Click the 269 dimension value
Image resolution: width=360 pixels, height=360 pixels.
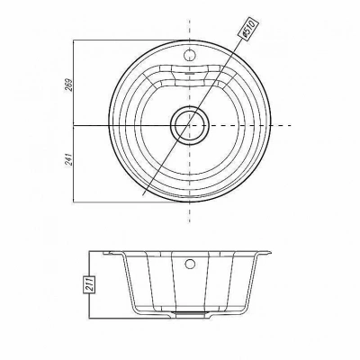(69, 85)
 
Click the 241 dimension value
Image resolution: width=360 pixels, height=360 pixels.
(69, 159)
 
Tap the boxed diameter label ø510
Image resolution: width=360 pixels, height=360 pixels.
(248, 29)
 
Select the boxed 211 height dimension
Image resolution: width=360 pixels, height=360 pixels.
(90, 284)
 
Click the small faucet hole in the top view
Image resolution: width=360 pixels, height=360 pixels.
(189, 55)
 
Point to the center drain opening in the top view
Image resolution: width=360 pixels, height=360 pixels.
(189, 125)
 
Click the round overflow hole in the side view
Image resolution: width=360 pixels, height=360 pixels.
(190, 264)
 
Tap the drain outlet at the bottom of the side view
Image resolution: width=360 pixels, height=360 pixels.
(189, 313)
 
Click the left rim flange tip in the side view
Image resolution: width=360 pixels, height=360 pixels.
(103, 254)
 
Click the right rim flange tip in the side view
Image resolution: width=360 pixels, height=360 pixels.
(271, 253)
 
